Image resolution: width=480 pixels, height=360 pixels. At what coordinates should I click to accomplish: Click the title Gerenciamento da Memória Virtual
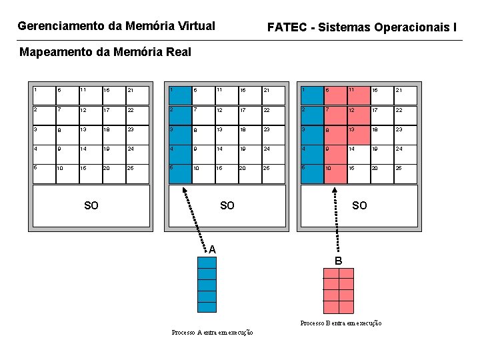116,27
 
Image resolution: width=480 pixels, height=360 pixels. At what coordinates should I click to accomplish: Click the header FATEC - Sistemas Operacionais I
362,27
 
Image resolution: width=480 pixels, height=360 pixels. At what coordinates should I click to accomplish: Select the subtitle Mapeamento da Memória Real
105,52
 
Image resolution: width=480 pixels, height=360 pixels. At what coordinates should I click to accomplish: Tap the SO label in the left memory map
91,205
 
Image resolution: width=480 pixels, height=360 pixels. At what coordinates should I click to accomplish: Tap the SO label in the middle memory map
227,205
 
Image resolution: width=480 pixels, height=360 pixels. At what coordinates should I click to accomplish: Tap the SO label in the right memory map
359,205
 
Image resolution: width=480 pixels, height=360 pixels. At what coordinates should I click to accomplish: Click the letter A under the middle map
212,250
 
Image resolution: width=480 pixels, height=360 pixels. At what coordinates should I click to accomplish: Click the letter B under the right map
338,261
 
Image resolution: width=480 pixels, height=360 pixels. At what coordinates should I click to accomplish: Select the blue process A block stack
207,285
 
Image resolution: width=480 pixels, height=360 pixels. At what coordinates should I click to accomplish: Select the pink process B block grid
338,291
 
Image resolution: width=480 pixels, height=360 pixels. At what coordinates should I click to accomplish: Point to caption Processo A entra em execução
212,333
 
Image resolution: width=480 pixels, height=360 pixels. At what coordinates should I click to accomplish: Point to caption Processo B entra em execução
341,323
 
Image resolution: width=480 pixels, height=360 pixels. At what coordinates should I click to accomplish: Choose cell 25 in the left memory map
135,174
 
